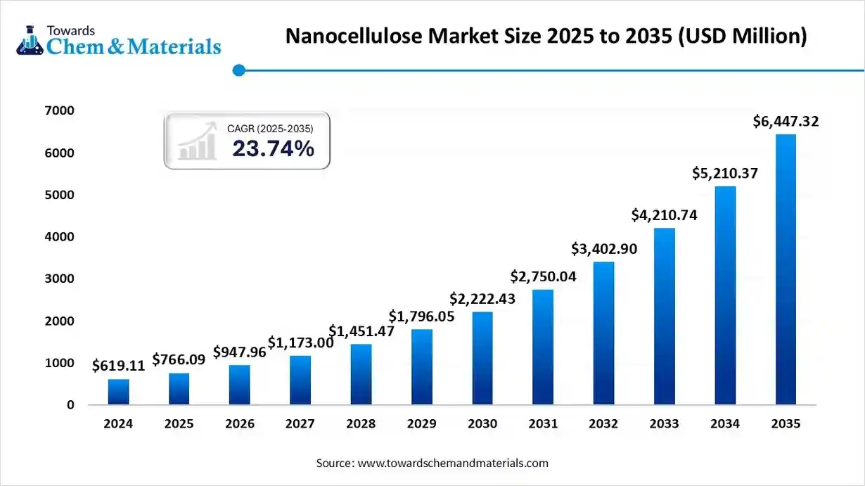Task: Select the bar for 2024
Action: tap(118, 392)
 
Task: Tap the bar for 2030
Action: tap(482, 358)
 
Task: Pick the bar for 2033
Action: tap(664, 316)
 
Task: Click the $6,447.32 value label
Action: tap(786, 122)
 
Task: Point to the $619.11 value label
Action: tap(118, 366)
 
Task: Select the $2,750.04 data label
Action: tap(543, 276)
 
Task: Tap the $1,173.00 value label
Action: tap(300, 343)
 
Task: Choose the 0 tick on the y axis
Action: tap(70, 405)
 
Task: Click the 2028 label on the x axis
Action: tap(361, 424)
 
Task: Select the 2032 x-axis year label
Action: tap(603, 424)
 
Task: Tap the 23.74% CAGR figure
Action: tap(273, 148)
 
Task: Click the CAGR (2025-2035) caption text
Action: tap(270, 129)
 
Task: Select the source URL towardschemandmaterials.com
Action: tap(453, 463)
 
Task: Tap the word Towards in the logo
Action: tap(70, 30)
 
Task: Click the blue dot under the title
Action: tap(238, 70)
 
